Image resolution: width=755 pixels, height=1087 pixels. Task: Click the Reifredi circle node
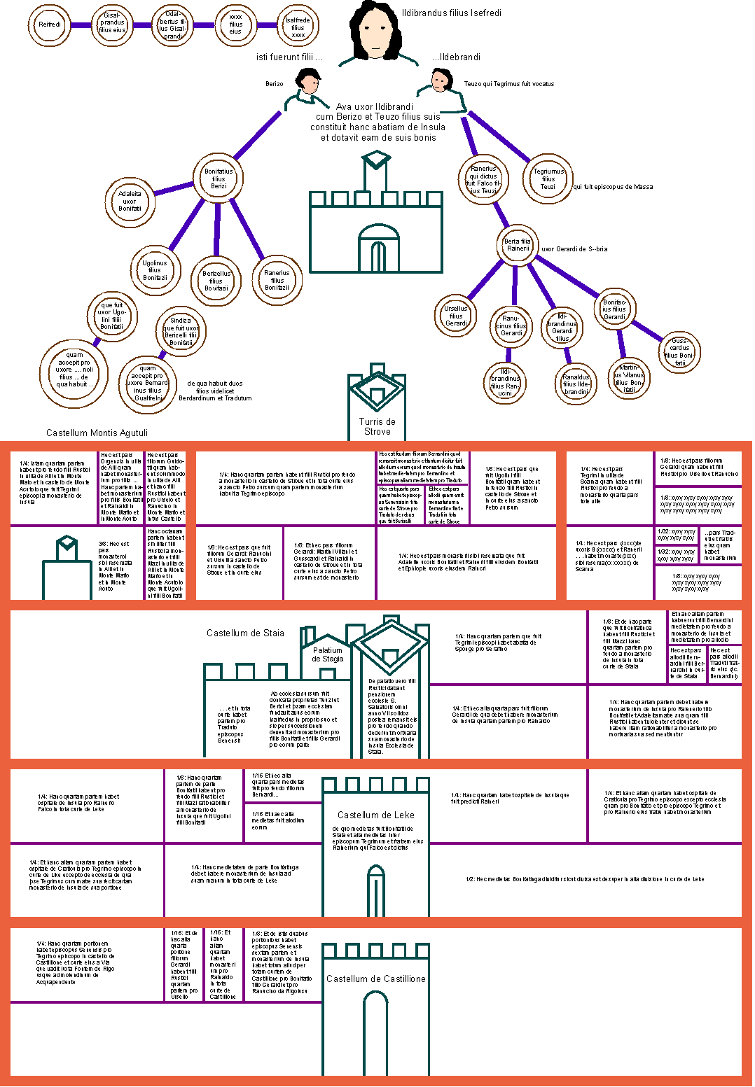click(50, 24)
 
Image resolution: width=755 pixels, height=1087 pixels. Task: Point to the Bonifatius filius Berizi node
click(219, 178)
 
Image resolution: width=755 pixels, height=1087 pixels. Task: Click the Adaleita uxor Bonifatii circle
click(130, 201)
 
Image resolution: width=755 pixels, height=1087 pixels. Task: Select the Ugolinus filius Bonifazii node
click(155, 270)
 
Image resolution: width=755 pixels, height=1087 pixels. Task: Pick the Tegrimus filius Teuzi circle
click(548, 179)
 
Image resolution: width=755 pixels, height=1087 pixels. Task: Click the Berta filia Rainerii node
click(518, 245)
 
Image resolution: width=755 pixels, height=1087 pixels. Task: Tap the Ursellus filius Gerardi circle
click(456, 316)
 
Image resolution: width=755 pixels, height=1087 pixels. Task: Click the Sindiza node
click(181, 331)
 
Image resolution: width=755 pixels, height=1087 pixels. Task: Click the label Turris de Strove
click(377, 426)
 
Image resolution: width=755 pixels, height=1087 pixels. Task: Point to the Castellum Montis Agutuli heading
click(97, 433)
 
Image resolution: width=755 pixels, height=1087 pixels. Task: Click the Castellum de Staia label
click(245, 633)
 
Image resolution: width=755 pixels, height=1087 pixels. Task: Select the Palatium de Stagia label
click(328, 654)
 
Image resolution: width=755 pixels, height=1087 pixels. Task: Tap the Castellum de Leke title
click(375, 815)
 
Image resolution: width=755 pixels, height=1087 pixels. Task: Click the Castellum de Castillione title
click(375, 979)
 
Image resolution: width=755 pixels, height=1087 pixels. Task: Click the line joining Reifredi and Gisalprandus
click(81, 25)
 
